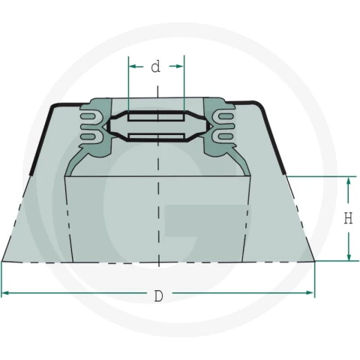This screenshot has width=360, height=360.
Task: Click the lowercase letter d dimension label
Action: click(155, 67)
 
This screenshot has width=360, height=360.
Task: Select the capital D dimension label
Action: click(158, 296)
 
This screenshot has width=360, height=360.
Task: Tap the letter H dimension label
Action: click(348, 218)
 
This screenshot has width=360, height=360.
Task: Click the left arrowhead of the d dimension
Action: click(132, 66)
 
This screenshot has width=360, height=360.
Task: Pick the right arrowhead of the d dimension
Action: click(180, 66)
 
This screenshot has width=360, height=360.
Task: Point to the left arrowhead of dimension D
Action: click(5, 292)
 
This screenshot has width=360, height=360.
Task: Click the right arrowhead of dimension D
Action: click(310, 292)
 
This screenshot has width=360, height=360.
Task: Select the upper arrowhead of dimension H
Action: click(349, 181)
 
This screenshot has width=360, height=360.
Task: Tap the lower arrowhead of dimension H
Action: click(349, 256)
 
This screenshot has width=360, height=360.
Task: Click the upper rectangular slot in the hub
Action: click(156, 117)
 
